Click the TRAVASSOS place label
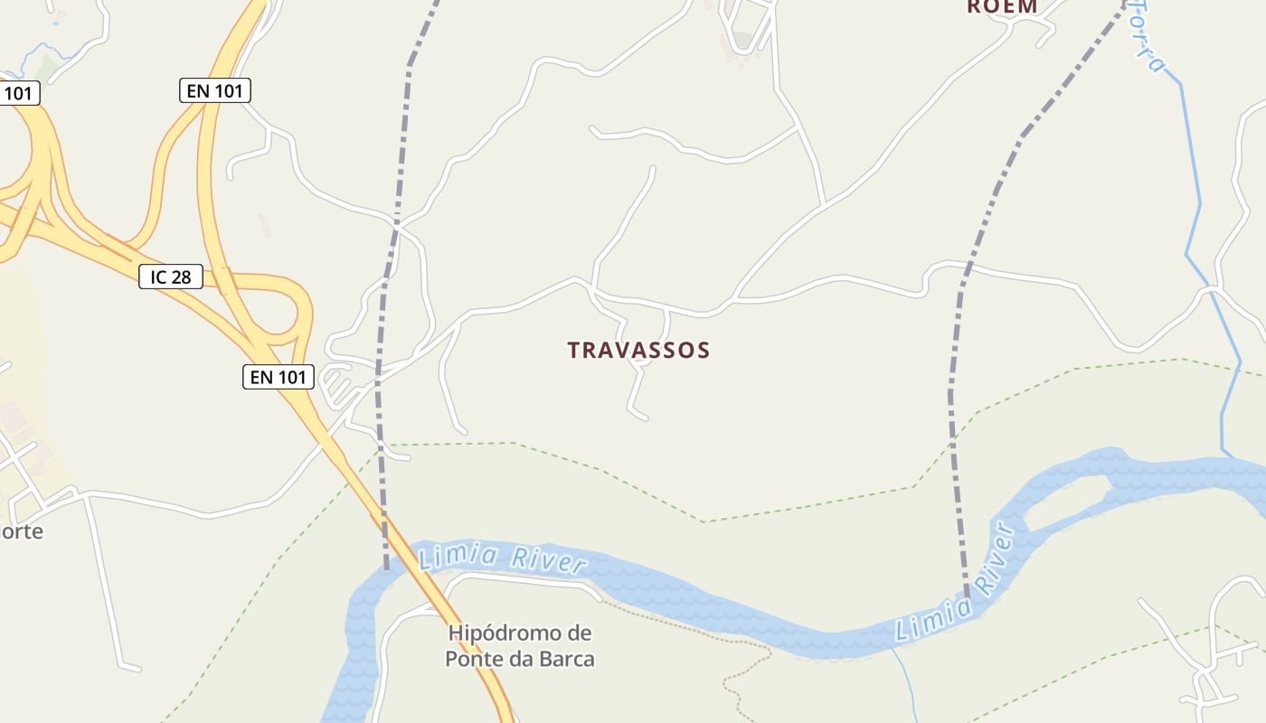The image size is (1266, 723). point(638,350)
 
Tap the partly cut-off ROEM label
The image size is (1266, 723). point(1002,6)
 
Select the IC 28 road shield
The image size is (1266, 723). point(170,277)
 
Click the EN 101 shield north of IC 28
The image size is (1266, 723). point(214,90)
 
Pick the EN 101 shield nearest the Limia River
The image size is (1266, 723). point(279,377)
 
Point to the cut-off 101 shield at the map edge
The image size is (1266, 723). point(18,92)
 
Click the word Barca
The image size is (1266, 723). point(564,659)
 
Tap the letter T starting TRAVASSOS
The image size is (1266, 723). point(573,350)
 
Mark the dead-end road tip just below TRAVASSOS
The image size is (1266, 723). point(644,418)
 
